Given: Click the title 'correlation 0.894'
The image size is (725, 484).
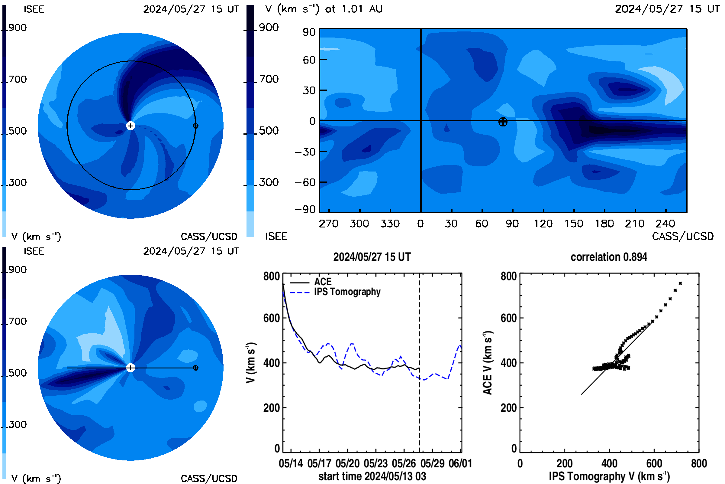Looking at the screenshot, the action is (x=609, y=257).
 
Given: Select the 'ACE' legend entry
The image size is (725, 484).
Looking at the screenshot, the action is (x=323, y=282).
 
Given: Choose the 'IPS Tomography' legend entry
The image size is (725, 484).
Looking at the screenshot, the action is (x=347, y=292).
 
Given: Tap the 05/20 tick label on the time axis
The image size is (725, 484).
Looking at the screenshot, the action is (x=347, y=464).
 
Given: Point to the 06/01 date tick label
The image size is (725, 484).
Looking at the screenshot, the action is (x=460, y=464).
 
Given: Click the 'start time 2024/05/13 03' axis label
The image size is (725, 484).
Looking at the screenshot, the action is (x=372, y=476).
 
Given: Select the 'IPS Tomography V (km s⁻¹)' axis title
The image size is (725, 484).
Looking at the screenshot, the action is (x=609, y=476).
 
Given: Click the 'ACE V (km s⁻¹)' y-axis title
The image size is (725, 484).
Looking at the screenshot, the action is (x=488, y=363).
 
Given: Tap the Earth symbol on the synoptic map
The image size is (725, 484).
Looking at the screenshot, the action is (x=503, y=122).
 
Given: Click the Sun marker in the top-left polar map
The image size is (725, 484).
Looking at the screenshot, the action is (x=131, y=126).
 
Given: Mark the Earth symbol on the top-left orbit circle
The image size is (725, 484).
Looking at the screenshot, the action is (x=195, y=126).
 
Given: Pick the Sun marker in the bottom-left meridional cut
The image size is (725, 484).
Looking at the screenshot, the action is (x=131, y=368).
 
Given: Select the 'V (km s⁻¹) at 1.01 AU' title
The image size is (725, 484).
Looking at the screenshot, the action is (x=324, y=9).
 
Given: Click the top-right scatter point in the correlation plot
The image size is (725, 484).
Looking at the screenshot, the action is (x=680, y=283).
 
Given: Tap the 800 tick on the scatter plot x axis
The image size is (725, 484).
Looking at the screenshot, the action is (x=699, y=464).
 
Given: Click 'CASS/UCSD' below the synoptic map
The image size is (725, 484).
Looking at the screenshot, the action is (x=683, y=237).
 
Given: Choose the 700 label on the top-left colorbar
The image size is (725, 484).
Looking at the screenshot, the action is (x=18, y=79).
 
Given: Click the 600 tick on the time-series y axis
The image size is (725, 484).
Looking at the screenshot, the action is (x=272, y=318).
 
